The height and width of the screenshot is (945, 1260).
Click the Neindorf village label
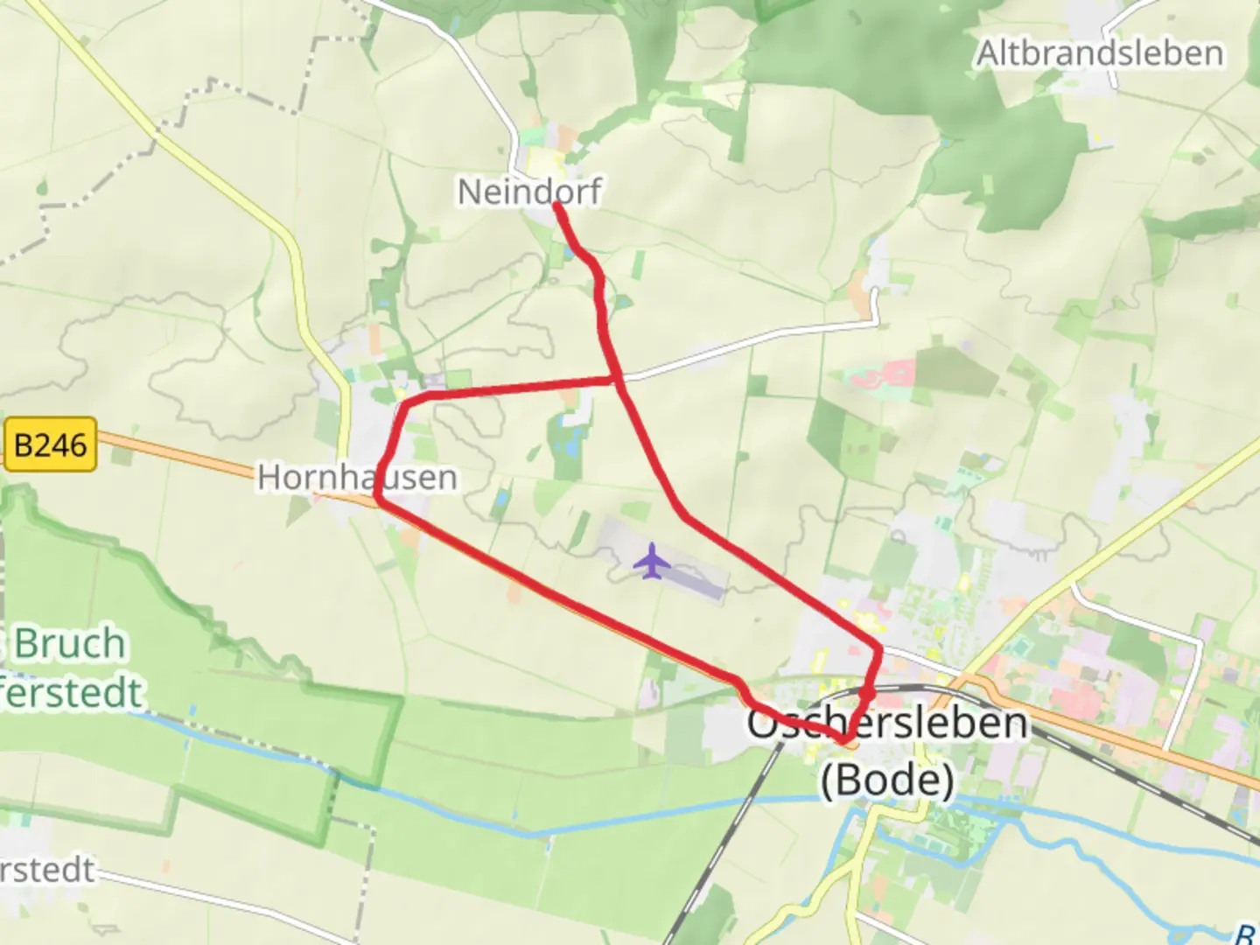529,192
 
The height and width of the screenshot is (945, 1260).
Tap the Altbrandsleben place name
1100,53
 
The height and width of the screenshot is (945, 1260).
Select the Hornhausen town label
357,478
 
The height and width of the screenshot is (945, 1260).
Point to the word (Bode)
887,778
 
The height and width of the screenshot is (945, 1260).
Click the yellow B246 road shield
50,445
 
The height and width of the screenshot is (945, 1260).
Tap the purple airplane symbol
651,561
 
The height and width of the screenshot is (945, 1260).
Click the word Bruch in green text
70,644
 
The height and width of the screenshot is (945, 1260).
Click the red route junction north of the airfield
618,379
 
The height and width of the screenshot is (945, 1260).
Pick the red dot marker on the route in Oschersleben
867,694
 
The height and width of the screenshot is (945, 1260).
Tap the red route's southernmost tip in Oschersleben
845,742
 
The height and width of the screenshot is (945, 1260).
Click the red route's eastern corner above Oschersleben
878,648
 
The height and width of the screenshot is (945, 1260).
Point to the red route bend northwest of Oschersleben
740,681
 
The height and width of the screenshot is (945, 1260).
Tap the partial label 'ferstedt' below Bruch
70,693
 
